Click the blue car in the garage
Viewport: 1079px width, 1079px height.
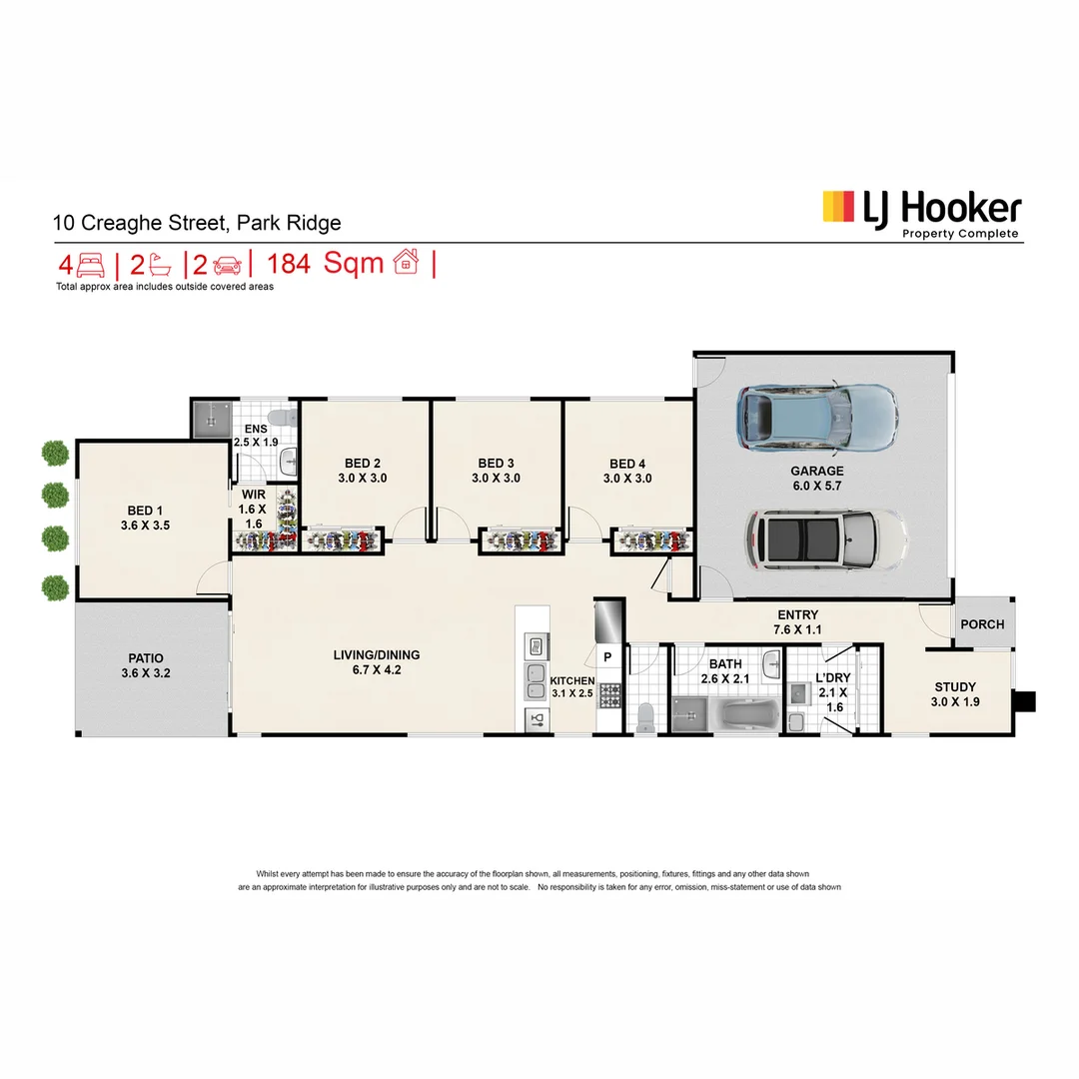tap(816, 418)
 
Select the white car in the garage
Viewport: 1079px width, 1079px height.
tap(825, 541)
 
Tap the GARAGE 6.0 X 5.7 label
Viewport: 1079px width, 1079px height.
tap(816, 479)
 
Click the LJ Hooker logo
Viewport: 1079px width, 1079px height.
tap(920, 213)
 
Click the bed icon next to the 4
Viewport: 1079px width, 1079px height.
tap(91, 265)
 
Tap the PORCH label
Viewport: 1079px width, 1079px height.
tap(981, 624)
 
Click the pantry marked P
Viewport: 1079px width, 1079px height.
tap(606, 656)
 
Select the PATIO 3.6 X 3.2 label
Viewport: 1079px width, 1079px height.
tap(146, 665)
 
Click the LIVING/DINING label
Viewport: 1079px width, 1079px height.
tap(377, 662)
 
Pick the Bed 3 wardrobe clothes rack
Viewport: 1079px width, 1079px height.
tap(520, 540)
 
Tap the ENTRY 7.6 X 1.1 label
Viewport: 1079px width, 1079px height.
tap(795, 622)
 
